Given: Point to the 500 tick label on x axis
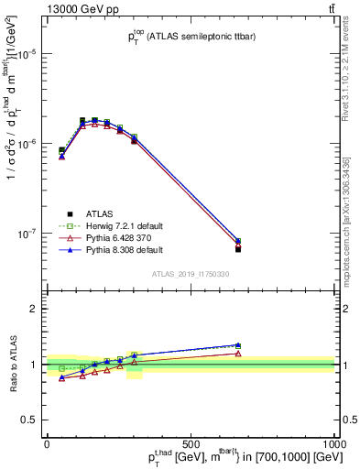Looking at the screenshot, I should click(191, 444).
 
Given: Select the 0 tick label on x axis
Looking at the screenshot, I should click(47, 444).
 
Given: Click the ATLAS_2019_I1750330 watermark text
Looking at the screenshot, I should click(190, 274).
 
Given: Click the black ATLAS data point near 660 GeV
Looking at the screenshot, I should click(238, 248).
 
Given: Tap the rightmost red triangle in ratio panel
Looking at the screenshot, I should click(238, 354).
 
